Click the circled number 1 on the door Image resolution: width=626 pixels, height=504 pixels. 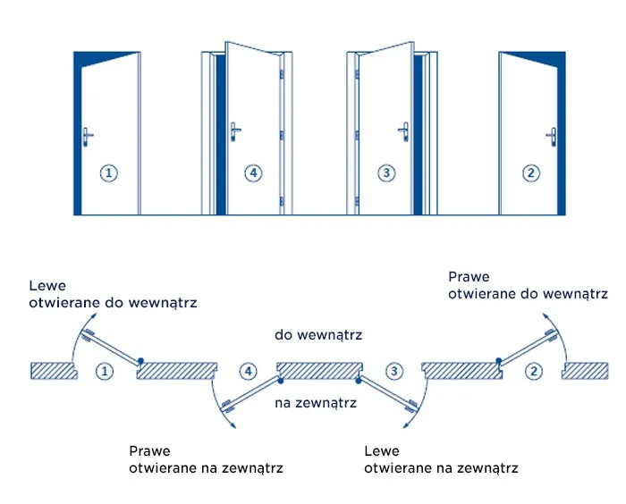coord(108,173)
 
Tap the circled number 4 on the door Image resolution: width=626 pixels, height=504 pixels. coord(254,173)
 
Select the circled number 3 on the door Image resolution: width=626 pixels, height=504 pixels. coord(385,173)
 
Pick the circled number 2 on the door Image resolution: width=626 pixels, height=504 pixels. coord(531,173)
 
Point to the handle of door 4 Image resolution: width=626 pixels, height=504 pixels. coord(234,131)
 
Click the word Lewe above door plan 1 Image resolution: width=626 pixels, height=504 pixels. coord(47,287)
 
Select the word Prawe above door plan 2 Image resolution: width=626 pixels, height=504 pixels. coord(469,277)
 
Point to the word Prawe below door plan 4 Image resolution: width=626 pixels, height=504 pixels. coord(149,451)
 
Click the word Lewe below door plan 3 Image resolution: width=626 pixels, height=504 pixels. coord(383,451)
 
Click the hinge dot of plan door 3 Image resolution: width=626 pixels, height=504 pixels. coord(360,381)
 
